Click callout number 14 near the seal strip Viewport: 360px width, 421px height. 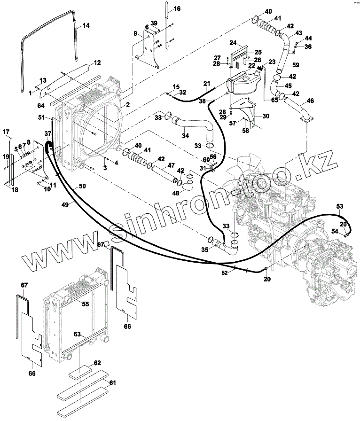point(86,26)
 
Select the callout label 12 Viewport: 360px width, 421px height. point(98,62)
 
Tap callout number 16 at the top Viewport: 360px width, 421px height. point(177,9)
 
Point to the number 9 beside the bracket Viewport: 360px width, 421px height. point(135,33)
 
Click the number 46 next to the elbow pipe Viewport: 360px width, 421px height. point(311,100)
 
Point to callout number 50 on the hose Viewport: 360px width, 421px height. point(82,187)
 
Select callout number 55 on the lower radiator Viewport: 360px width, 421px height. point(85,304)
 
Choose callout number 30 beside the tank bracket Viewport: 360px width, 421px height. point(266,116)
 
